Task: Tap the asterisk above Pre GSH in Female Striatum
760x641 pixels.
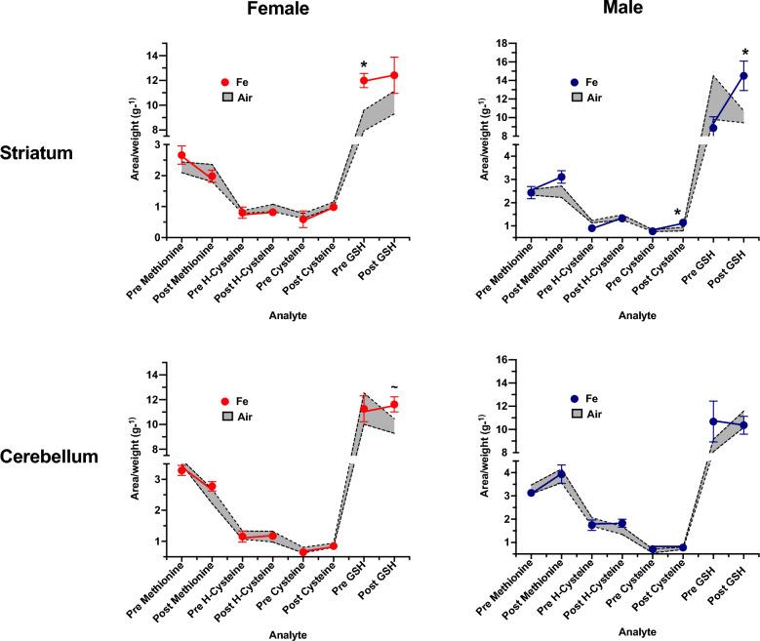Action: click(x=363, y=65)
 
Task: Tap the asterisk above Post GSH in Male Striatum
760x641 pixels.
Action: click(x=744, y=54)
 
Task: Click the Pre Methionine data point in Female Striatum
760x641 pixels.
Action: click(x=181, y=156)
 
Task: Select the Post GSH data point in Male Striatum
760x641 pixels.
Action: click(x=743, y=76)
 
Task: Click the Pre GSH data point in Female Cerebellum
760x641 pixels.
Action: click(x=364, y=410)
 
